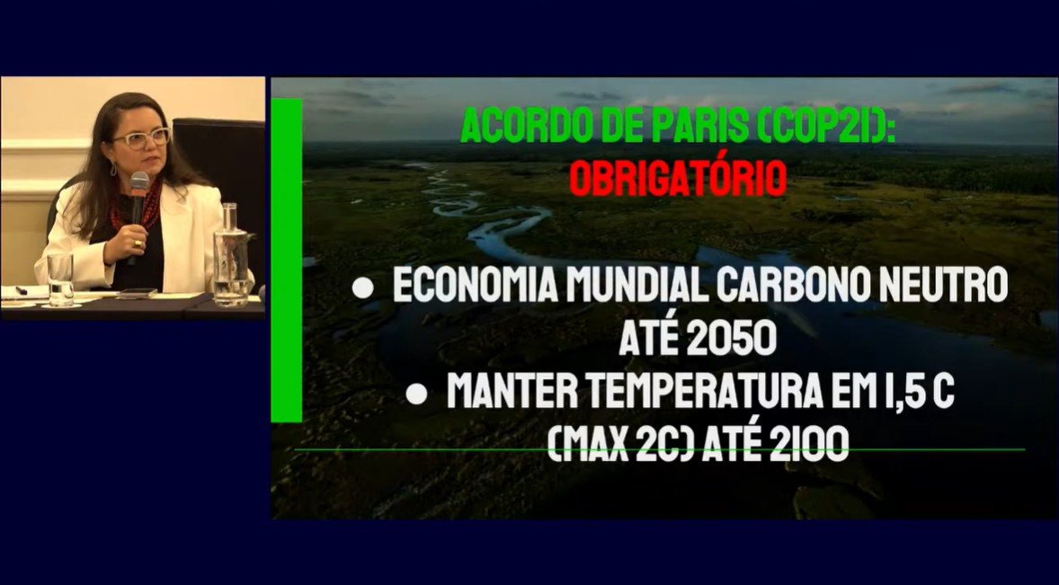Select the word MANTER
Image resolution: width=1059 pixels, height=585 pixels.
509,393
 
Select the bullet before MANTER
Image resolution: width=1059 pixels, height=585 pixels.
416,394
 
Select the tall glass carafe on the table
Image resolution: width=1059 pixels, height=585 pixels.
231,255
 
